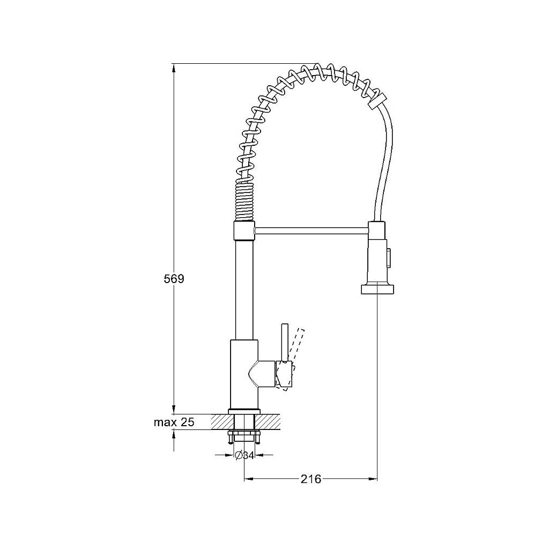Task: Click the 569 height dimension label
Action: pos(174,279)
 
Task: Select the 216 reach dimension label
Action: pos(311,479)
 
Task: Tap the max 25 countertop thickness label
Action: pos(174,422)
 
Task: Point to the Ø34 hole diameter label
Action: pos(244,456)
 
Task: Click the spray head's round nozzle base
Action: pos(377,289)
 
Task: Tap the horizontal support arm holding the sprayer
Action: pos(311,230)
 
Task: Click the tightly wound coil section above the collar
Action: pos(244,202)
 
